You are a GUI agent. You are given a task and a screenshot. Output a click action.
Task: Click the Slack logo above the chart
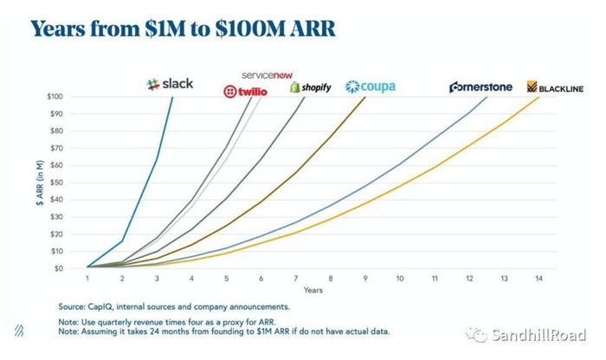click(171, 84)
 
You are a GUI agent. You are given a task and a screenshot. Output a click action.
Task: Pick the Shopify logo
click(310, 87)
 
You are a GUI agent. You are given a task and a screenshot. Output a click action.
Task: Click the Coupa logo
click(371, 87)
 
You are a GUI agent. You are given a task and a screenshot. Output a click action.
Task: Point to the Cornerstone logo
click(480, 87)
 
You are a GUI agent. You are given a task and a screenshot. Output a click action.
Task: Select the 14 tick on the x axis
click(538, 279)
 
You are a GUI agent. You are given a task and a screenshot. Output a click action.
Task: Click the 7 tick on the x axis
click(295, 279)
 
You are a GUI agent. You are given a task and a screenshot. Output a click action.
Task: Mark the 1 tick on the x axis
click(87, 279)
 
